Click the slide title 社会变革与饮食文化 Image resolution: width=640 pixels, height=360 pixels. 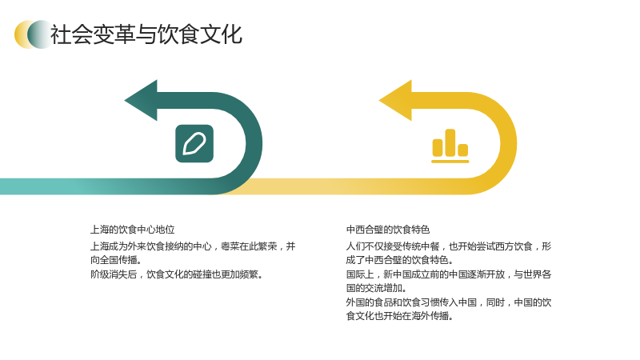tap(146, 34)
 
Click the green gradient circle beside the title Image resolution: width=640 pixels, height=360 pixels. tap(40, 34)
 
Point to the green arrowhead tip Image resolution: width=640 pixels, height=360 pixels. tap(125, 101)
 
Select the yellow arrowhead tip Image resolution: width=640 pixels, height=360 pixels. tap(379, 101)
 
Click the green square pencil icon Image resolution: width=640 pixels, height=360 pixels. tap(194, 144)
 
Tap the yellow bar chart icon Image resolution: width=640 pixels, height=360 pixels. tap(450, 146)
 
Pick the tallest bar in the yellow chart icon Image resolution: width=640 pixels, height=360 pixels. tap(450, 142)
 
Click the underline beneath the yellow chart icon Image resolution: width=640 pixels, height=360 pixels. tap(450, 162)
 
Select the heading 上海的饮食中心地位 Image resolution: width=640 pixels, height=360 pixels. tap(133, 230)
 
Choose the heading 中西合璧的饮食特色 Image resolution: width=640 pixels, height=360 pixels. tap(388, 230)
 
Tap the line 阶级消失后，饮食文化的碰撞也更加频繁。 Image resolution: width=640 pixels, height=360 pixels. tap(177, 274)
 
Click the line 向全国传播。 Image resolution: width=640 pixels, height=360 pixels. tap(116, 260)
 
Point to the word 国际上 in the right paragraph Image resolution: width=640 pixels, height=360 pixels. tap(360, 274)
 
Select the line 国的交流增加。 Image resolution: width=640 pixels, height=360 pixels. tap(376, 288)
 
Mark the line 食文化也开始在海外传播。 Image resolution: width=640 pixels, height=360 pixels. tap(399, 316)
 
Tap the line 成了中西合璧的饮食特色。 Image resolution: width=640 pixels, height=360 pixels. tap(399, 260)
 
